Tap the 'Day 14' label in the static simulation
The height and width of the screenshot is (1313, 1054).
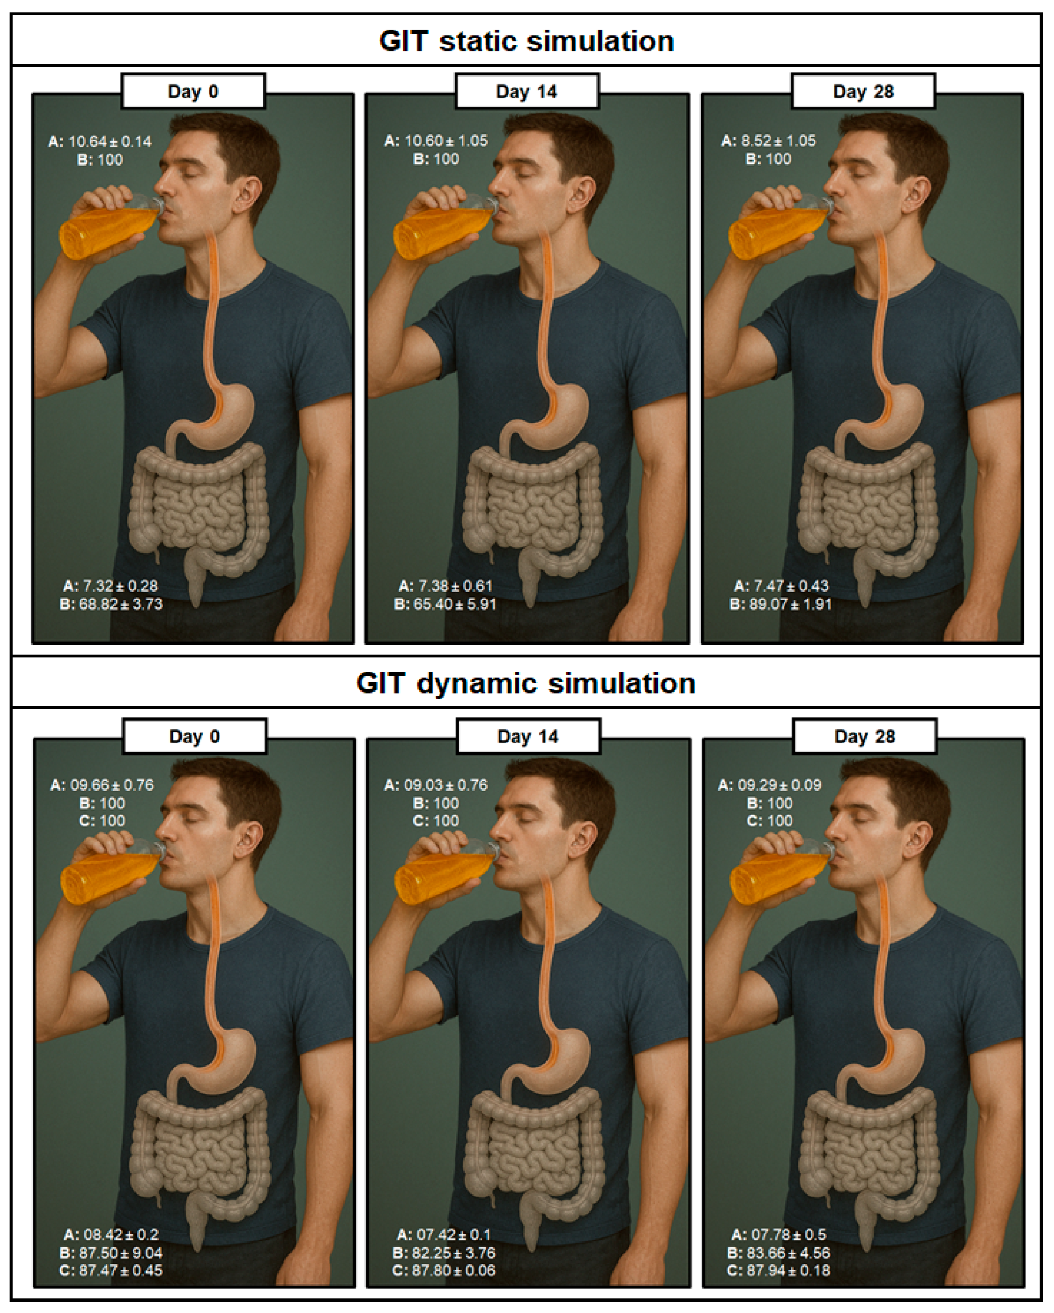coord(527,91)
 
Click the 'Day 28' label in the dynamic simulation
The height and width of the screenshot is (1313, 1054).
coord(864,736)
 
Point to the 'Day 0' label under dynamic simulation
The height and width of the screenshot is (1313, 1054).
coord(194,736)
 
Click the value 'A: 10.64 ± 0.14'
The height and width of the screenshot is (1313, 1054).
coord(100,142)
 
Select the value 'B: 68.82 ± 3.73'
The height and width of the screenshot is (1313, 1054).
coord(111,604)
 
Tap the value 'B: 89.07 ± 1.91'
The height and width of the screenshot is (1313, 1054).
coord(781,604)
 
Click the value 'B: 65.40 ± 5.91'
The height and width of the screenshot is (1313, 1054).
coord(445,604)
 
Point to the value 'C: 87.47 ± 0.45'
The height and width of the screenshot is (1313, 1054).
coord(111,1270)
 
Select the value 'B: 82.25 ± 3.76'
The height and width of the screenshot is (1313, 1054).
coord(444,1252)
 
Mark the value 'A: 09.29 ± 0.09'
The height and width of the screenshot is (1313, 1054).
coord(770,785)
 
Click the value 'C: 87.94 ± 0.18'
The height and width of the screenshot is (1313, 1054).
coord(779,1270)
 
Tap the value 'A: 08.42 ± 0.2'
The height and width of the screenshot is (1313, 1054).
coord(111,1234)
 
